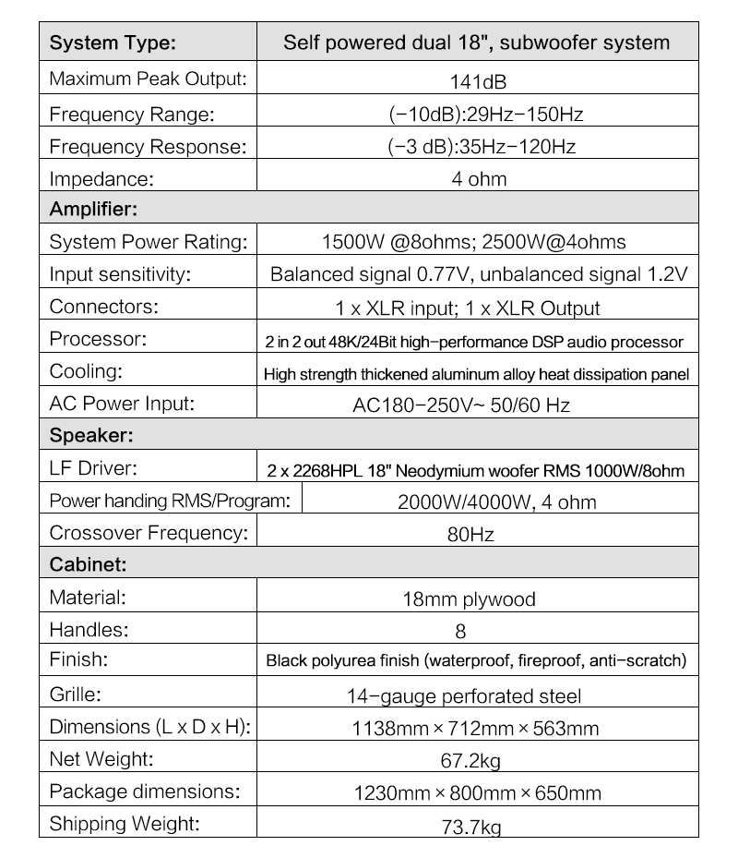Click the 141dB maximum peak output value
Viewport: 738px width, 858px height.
pyautogui.click(x=478, y=81)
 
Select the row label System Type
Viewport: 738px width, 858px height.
pyautogui.click(x=112, y=42)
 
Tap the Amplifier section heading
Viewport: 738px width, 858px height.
pyautogui.click(x=92, y=209)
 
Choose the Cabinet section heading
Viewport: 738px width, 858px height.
pyautogui.click(x=88, y=563)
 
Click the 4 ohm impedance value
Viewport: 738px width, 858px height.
pyautogui.click(x=478, y=178)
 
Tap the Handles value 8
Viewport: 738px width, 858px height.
pyautogui.click(x=460, y=632)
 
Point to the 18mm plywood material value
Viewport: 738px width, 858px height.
pyautogui.click(x=469, y=599)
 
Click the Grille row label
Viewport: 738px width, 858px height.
pyautogui.click(x=75, y=694)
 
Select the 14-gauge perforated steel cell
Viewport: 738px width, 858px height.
pyautogui.click(x=477, y=695)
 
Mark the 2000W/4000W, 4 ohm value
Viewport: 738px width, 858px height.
pyautogui.click(x=496, y=502)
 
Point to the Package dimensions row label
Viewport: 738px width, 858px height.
pyautogui.click(x=145, y=792)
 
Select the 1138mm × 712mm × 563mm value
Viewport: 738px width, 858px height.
pyautogui.click(x=475, y=728)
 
